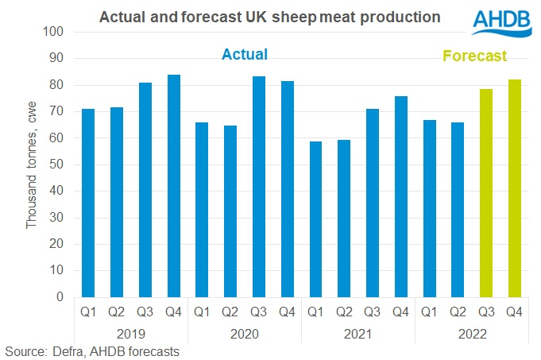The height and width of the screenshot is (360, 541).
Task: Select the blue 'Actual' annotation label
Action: pos(245,55)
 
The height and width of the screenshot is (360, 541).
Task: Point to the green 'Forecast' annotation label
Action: pos(474,56)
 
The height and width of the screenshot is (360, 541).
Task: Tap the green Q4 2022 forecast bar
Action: pos(514,188)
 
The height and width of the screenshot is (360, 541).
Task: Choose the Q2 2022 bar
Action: pos(458,210)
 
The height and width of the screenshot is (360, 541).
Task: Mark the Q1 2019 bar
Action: pos(87,203)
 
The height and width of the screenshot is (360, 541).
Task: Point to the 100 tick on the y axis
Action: pos(55,33)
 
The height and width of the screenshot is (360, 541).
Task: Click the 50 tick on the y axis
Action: pos(58,165)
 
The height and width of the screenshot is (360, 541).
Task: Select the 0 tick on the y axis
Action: pos(61,297)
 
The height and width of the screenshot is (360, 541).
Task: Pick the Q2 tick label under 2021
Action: pos(344,312)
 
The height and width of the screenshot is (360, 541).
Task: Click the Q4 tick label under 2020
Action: pos(287,312)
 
